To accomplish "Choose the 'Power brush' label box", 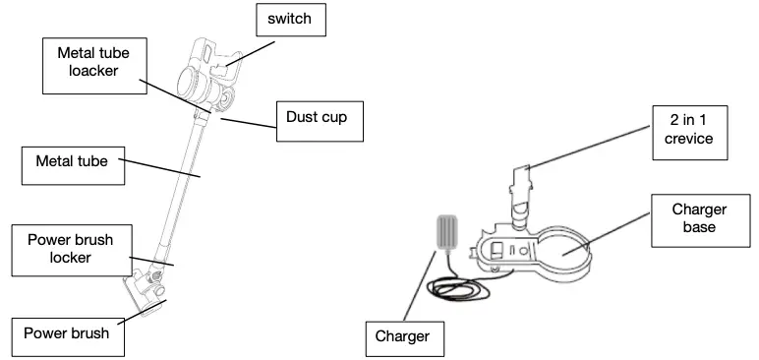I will point(68,331).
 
